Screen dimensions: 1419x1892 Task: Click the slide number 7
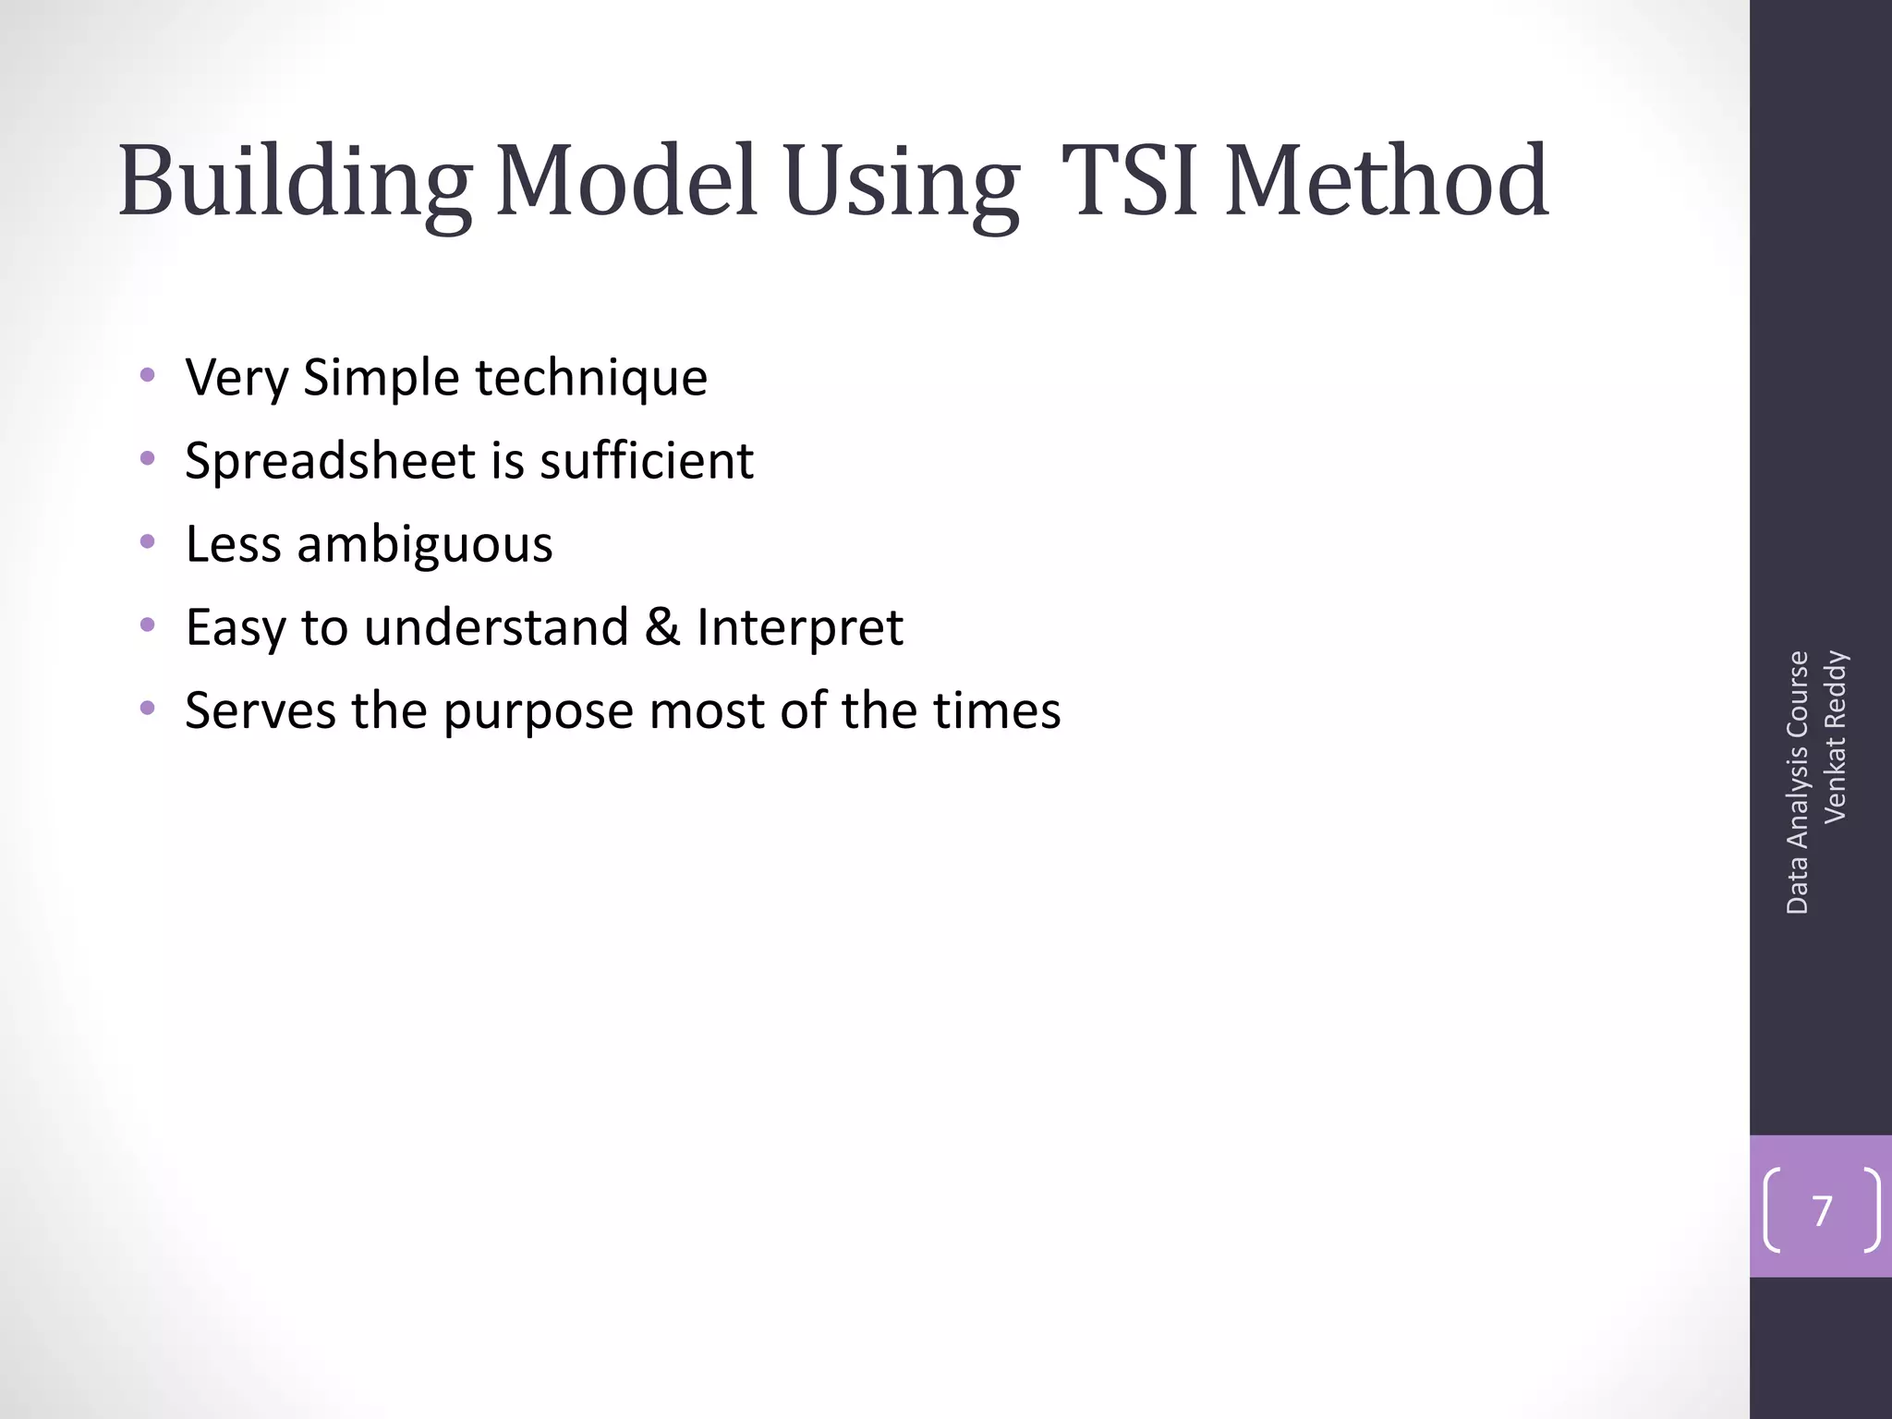click(x=1822, y=1210)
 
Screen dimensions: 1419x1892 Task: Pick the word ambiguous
click(x=424, y=544)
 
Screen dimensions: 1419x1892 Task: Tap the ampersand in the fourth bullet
click(x=661, y=627)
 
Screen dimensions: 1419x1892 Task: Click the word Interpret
click(x=799, y=627)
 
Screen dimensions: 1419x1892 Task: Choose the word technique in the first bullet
click(x=591, y=378)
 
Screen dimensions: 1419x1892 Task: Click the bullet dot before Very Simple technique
click(x=147, y=375)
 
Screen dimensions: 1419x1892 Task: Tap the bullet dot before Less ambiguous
click(x=147, y=541)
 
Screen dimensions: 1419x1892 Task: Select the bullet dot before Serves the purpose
click(x=147, y=709)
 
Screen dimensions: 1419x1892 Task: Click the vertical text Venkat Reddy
click(x=1835, y=736)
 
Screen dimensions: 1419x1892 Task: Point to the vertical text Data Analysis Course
click(x=1797, y=782)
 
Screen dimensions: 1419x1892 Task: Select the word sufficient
click(x=647, y=461)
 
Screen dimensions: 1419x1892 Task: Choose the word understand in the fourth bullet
click(x=496, y=627)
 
